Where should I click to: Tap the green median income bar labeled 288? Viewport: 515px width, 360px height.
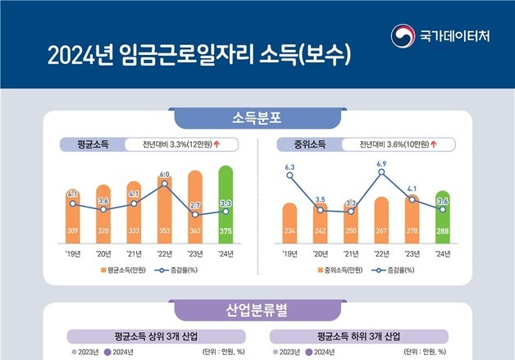(x=443, y=217)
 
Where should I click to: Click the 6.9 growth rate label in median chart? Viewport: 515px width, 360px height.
(x=381, y=164)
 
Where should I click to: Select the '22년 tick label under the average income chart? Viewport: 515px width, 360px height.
(x=164, y=253)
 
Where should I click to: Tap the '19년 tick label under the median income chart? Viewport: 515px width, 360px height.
(x=289, y=253)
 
